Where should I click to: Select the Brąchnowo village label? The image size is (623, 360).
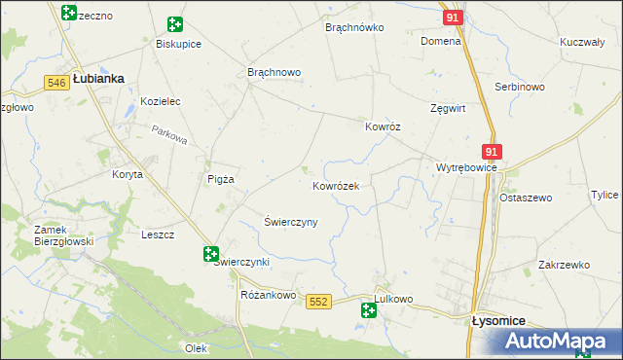(x=275, y=73)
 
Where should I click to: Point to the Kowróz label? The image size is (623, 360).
(x=383, y=126)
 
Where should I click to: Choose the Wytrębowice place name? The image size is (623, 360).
(x=466, y=167)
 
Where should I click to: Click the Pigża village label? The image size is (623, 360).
(x=222, y=179)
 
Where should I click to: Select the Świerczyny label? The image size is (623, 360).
(x=291, y=222)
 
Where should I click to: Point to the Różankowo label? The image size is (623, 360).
(x=268, y=295)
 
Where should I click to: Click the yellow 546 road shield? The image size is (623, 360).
(x=55, y=84)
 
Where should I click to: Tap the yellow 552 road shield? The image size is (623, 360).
(x=317, y=303)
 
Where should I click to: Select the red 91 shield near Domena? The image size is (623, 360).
(x=451, y=18)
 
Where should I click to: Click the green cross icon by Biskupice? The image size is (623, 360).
(x=175, y=24)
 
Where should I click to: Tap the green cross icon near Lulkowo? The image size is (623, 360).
(x=369, y=310)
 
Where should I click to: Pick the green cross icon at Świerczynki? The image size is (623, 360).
(x=211, y=254)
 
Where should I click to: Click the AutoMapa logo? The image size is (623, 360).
(x=559, y=342)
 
